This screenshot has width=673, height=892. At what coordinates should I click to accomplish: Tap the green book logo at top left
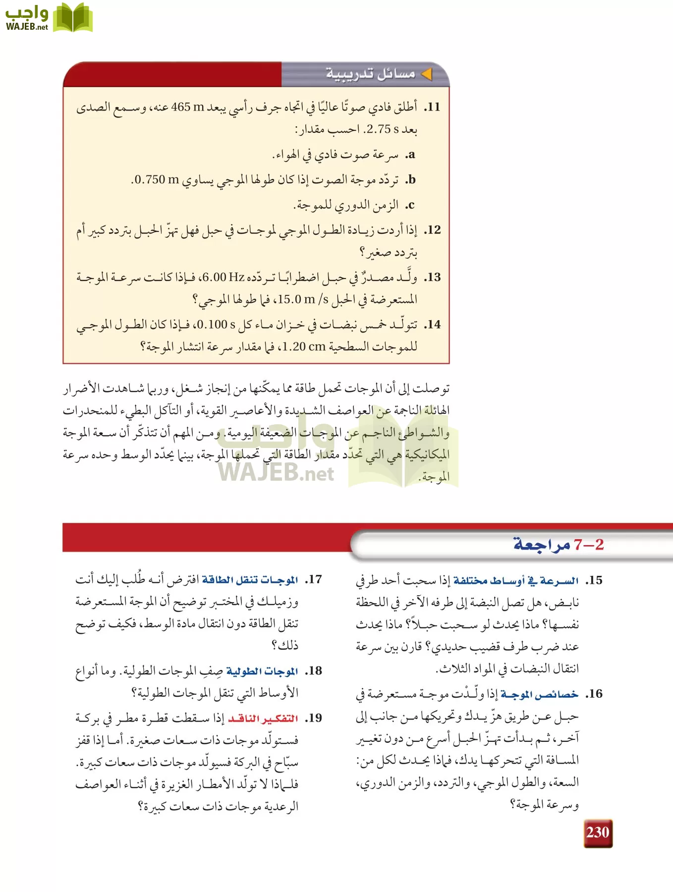coord(73,18)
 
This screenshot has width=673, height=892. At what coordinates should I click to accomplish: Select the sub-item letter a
coord(411,155)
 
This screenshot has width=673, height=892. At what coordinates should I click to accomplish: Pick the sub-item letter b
coord(410,179)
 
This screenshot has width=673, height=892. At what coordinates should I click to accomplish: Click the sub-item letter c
coord(411,205)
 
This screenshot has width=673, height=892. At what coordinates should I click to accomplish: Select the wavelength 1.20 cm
coord(304,347)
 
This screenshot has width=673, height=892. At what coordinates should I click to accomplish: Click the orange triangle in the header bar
coord(426,74)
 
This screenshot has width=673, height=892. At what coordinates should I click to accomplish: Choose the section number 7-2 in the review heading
coord(589,545)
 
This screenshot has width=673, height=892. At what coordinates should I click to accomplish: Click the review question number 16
coord(594,694)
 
